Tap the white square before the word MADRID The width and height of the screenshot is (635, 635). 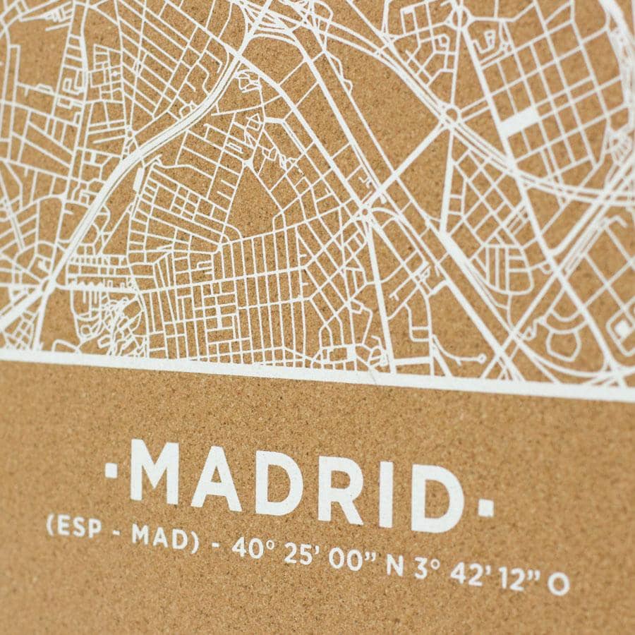(111, 466)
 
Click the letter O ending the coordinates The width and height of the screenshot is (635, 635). (558, 585)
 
